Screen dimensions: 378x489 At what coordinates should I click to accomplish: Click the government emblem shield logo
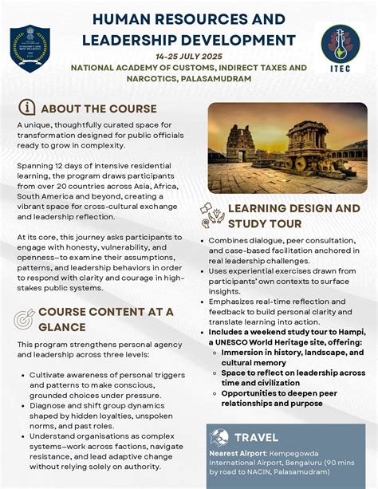click(30, 48)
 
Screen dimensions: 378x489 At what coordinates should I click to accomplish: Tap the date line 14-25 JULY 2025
click(188, 57)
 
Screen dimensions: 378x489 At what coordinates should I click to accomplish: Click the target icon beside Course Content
click(25, 317)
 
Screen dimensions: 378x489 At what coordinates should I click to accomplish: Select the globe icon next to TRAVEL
click(219, 436)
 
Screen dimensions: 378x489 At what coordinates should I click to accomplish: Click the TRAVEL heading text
click(256, 437)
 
